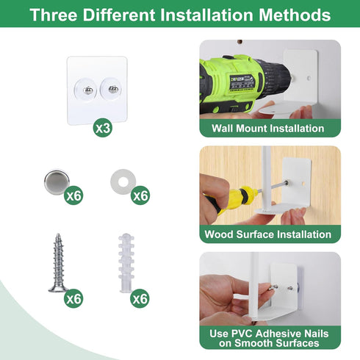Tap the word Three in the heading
(54, 15)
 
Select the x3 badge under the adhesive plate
(103, 128)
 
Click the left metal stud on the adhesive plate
(88, 90)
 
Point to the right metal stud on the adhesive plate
(113, 90)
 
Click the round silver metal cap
(57, 182)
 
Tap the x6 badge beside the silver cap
(73, 195)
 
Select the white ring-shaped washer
(123, 181)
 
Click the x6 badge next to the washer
(140, 195)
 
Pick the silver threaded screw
(58, 262)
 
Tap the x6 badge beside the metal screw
(73, 298)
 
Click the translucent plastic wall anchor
(126, 262)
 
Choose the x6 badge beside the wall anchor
(140, 298)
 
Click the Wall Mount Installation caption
(268, 129)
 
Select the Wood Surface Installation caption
(268, 234)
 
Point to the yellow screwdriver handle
(235, 199)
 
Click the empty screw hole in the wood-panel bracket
(303, 183)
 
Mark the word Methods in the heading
(295, 15)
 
